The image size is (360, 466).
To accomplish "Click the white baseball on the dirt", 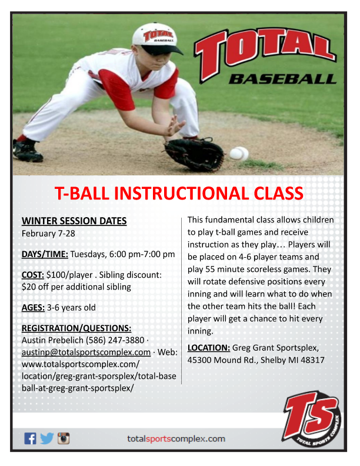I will (x=239, y=154).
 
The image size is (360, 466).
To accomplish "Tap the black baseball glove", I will (x=194, y=154).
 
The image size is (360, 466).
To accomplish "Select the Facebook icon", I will (x=30, y=438).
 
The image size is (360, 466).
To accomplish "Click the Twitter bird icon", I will (x=46, y=438).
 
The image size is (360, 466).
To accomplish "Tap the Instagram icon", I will (x=64, y=438).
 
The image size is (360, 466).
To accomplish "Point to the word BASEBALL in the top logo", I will (x=282, y=78).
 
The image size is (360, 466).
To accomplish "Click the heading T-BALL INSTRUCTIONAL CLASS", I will (x=179, y=193).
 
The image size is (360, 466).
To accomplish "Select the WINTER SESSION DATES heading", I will (x=74, y=221).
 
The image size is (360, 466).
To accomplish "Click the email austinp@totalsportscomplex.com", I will (x=86, y=352).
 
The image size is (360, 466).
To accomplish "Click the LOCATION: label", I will (x=208, y=347).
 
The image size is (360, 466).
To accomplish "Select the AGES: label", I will (x=34, y=307).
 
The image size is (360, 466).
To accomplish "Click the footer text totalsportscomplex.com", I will (x=176, y=439).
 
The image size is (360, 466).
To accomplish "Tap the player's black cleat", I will (x=27, y=152).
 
